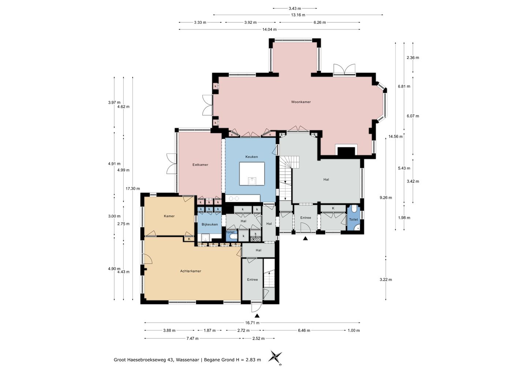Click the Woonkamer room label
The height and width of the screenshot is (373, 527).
(x=301, y=102)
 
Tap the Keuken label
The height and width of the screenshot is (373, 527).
(x=251, y=157)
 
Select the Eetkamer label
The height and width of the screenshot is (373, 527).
(x=200, y=165)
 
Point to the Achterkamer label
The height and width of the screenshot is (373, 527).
(x=191, y=271)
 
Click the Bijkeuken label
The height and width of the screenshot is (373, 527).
(x=210, y=224)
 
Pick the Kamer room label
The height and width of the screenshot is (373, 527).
(x=169, y=216)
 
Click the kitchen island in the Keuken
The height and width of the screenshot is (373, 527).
(x=252, y=174)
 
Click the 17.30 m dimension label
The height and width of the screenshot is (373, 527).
(x=133, y=189)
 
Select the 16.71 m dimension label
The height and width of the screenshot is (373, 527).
(x=252, y=322)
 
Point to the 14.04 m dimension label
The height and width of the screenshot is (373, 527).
(x=269, y=29)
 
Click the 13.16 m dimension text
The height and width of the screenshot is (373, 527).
(x=298, y=15)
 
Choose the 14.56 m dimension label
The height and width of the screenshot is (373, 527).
(x=396, y=136)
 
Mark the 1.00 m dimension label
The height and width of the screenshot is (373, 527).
(x=354, y=330)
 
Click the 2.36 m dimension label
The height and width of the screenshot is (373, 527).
(x=413, y=58)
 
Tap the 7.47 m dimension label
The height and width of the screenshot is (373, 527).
(x=193, y=339)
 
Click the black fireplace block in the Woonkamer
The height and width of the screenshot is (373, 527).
(x=346, y=151)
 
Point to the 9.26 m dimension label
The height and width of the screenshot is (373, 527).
(x=386, y=198)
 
